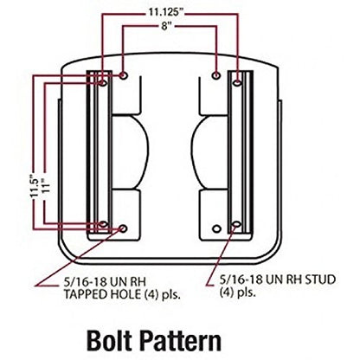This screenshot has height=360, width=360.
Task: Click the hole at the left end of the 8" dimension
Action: (125, 78)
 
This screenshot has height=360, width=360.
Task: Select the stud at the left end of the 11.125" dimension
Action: (104, 84)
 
